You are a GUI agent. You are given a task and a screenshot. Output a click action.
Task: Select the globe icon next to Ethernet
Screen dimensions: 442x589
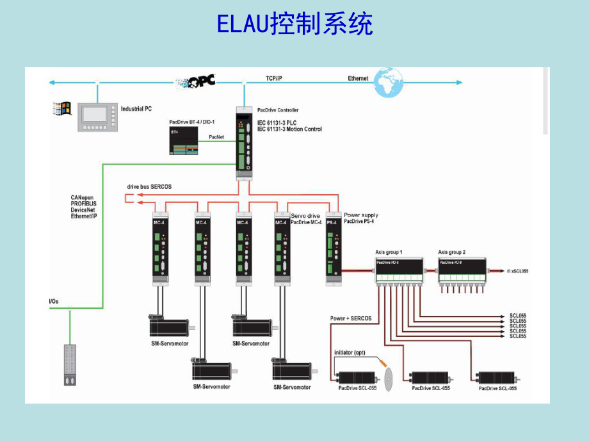click(389, 82)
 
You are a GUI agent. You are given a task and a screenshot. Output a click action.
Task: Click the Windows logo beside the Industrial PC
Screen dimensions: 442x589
click(61, 109)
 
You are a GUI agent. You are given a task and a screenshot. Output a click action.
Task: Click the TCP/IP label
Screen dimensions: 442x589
click(274, 78)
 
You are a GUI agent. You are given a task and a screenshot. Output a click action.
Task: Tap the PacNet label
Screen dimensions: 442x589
click(216, 136)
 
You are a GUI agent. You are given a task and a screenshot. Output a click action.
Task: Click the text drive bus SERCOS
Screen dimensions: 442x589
click(149, 186)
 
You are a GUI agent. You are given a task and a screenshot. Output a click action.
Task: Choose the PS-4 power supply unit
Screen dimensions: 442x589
click(333, 247)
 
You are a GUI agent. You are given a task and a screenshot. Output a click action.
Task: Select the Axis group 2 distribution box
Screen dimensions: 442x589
click(462, 271)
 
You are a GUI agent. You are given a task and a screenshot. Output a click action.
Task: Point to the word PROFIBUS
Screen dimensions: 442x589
click(84, 204)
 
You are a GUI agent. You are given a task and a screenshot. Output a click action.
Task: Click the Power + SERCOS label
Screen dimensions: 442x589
click(350, 318)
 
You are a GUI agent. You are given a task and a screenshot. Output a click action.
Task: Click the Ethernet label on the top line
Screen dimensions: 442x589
click(358, 78)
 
